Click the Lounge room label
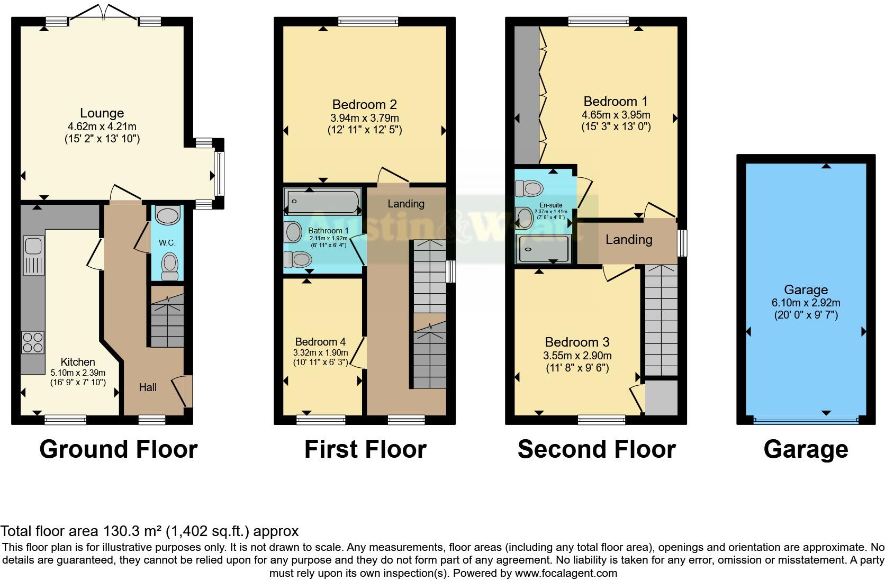point(102,113)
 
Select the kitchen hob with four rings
point(33,342)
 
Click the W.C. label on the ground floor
point(167,243)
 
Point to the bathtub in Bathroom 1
point(322,202)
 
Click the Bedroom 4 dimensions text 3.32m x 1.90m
point(320,352)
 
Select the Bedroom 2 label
point(364,104)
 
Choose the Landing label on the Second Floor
point(628,240)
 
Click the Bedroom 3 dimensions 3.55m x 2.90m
point(577,356)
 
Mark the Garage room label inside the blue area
point(806,289)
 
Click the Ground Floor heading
point(118,449)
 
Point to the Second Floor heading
point(597,449)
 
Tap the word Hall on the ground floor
point(148,387)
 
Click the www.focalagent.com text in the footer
point(566,573)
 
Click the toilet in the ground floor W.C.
point(169,266)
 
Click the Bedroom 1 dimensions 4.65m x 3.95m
point(616,115)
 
